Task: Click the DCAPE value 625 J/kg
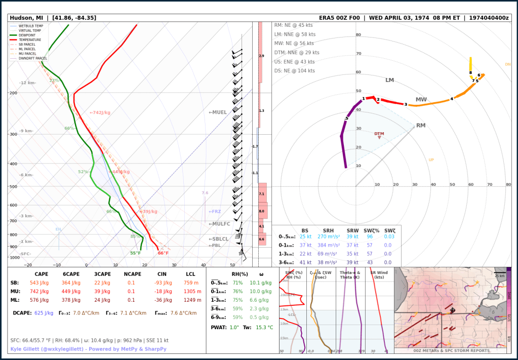pyautogui.click(x=44, y=313)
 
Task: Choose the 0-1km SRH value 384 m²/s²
pyautogui.click(x=328, y=245)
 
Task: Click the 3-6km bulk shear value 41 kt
pyautogui.click(x=305, y=262)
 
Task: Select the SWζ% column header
pyautogui.click(x=372, y=230)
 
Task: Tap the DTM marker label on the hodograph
pyautogui.click(x=379, y=134)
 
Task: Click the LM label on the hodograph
pyautogui.click(x=389, y=80)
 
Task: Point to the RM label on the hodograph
pyautogui.click(x=421, y=125)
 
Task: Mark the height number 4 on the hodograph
pyautogui.click(x=452, y=99)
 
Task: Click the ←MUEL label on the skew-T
pyautogui.click(x=218, y=112)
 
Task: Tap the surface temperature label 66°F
pyautogui.click(x=163, y=253)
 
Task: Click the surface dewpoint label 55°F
pyautogui.click(x=135, y=253)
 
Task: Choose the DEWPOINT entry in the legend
pyautogui.click(x=30, y=35)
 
